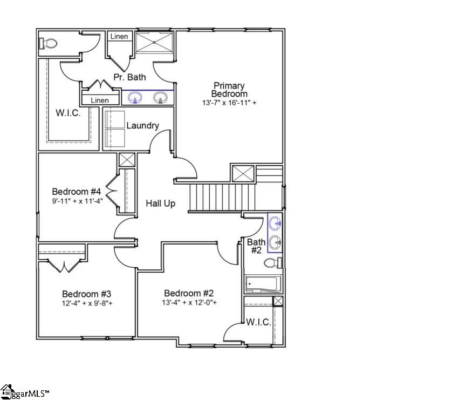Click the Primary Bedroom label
click(x=229, y=90)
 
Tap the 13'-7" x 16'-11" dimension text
click(x=229, y=102)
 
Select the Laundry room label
click(x=142, y=126)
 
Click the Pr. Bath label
click(x=129, y=77)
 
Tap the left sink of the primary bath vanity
click(x=134, y=97)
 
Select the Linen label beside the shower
click(x=119, y=36)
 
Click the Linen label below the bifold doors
click(x=99, y=100)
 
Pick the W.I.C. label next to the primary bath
click(x=68, y=113)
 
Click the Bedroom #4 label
click(x=77, y=192)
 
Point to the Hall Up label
click(x=160, y=204)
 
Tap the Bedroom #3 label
click(x=86, y=294)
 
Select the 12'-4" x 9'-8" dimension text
click(x=86, y=303)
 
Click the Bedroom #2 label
click(x=189, y=293)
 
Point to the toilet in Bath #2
click(x=272, y=263)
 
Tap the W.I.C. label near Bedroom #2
click(x=258, y=322)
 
